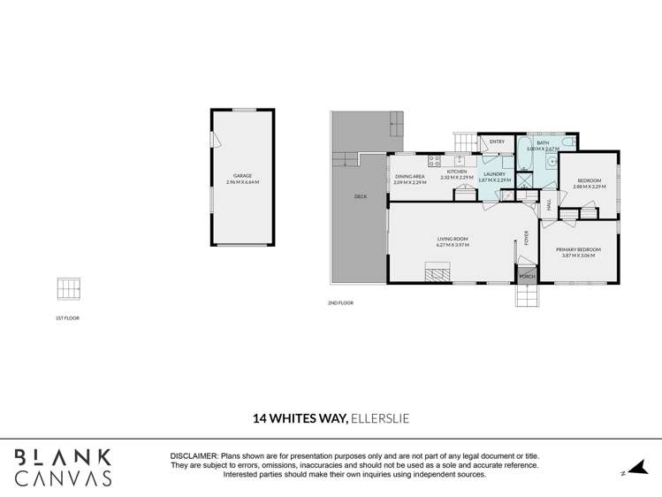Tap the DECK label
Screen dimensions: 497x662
tap(360, 196)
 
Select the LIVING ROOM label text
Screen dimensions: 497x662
tap(452, 239)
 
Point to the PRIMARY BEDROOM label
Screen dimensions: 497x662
tap(578, 249)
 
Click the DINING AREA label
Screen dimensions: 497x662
tap(410, 176)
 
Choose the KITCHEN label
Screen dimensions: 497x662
tap(456, 172)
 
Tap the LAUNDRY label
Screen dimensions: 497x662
tap(494, 174)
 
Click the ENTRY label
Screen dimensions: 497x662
tap(497, 141)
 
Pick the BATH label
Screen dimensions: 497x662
tap(543, 142)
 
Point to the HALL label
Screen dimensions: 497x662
tap(549, 203)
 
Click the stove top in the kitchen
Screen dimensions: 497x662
tap(435, 160)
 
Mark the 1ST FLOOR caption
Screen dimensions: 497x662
tap(67, 317)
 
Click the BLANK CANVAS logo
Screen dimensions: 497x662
tap(64, 467)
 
